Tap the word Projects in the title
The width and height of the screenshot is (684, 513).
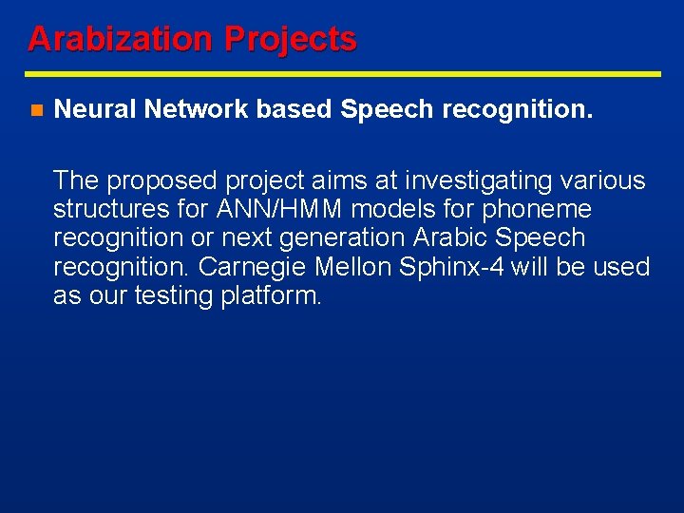290,39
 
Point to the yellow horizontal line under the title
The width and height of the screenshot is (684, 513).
342,73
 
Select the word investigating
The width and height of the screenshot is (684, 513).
484,180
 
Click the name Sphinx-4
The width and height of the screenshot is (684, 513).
452,267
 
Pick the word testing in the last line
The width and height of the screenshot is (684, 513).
174,296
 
